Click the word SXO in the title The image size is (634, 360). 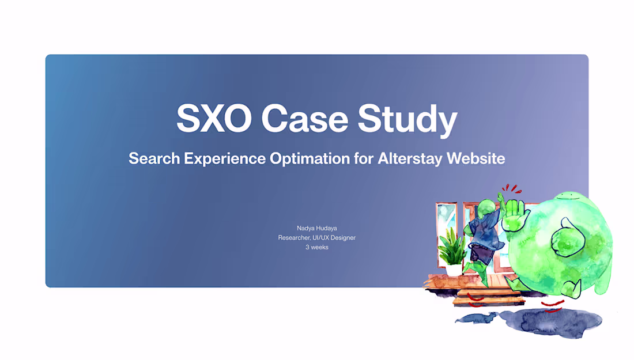(214, 119)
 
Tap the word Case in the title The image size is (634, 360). (304, 119)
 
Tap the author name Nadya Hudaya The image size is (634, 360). (316, 228)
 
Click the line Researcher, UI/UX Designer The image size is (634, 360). (316, 237)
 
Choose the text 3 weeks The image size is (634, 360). (316, 247)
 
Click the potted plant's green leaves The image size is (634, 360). (452, 249)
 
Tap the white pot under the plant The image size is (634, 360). (454, 270)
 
